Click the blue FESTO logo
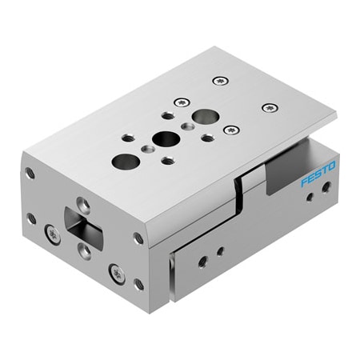pyautogui.click(x=318, y=174)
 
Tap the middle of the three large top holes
pyautogui.click(x=166, y=138)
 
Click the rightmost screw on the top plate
pyautogui.click(x=270, y=108)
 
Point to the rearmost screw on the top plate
pyautogui.click(x=220, y=80)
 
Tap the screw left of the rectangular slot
pyautogui.click(x=53, y=234)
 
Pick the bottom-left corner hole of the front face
pyautogui.click(x=31, y=218)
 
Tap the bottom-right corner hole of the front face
pyautogui.click(x=138, y=284)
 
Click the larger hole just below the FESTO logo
pyautogui.click(x=326, y=187)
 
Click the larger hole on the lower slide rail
pyautogui.click(x=203, y=261)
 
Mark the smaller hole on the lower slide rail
pyautogui.click(x=220, y=251)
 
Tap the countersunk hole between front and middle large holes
pyautogui.click(x=147, y=148)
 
